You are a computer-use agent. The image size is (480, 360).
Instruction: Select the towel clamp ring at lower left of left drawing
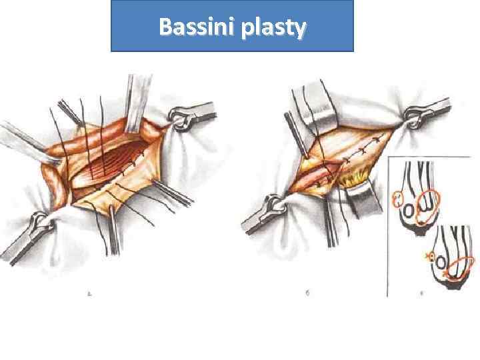pos(39,219)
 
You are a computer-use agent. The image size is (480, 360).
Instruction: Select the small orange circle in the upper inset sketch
pos(398,198)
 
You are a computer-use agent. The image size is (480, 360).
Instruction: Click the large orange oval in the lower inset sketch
pos(456,271)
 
